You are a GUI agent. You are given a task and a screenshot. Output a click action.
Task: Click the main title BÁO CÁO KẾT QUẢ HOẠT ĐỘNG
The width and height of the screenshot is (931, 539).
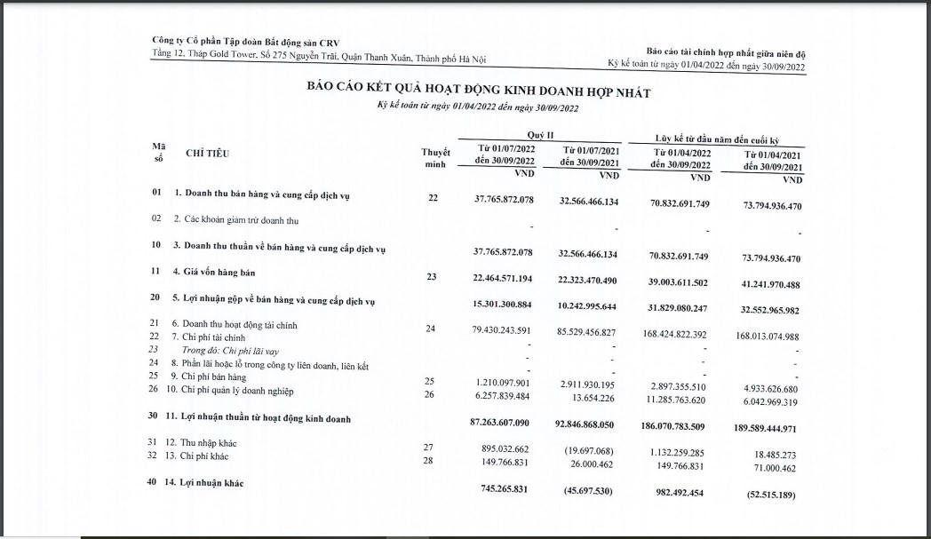(x=479, y=92)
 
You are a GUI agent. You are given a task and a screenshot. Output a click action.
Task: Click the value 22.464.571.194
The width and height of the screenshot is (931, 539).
(x=504, y=278)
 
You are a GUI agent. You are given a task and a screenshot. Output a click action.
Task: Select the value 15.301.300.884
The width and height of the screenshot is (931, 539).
(x=504, y=305)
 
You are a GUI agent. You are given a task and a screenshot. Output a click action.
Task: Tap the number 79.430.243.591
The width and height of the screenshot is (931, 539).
(x=504, y=331)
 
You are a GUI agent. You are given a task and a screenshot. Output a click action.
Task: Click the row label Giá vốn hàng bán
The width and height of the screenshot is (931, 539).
(x=210, y=272)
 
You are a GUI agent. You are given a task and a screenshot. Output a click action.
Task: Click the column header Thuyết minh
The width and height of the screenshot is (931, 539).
(x=435, y=158)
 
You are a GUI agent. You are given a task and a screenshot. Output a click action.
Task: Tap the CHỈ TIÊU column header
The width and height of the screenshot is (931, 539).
(x=207, y=154)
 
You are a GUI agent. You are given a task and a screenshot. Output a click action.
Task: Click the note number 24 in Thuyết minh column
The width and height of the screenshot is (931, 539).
(x=431, y=329)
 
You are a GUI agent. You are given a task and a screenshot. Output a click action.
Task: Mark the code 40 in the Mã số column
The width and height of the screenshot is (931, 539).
(x=157, y=482)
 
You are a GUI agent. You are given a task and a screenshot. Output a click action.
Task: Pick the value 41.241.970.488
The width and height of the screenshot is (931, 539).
(x=769, y=285)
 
